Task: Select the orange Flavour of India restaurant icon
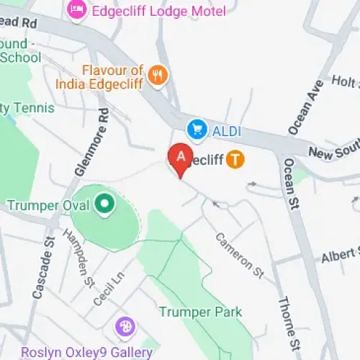(x=158, y=74)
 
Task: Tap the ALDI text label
(x=226, y=131)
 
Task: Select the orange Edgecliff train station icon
(x=235, y=159)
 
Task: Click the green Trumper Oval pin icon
(x=105, y=206)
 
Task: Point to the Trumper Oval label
(x=48, y=206)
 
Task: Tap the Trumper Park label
(x=200, y=312)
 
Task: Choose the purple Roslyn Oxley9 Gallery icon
(x=125, y=327)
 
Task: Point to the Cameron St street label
(x=240, y=254)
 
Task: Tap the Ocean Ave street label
(x=302, y=109)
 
